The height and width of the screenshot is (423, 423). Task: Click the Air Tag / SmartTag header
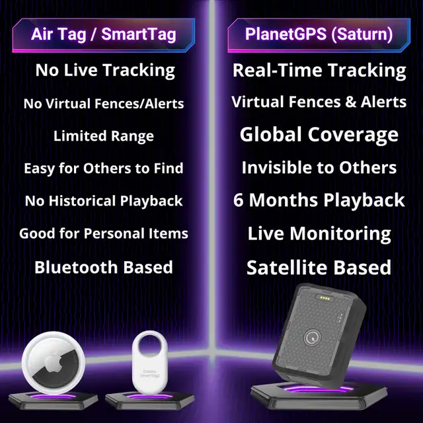pyautogui.click(x=104, y=34)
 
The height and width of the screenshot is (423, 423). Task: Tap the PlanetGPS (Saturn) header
pyautogui.click(x=319, y=34)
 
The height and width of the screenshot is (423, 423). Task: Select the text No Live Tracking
pyautogui.click(x=105, y=70)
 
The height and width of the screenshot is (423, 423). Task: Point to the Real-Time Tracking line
pyautogui.click(x=319, y=70)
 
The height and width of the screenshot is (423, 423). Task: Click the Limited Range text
pyautogui.click(x=104, y=136)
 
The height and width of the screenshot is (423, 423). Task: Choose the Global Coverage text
pyautogui.click(x=319, y=135)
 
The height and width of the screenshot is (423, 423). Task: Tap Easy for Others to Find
pyautogui.click(x=104, y=168)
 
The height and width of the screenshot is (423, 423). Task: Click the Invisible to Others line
pyautogui.click(x=319, y=168)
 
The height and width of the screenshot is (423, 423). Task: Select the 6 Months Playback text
pyautogui.click(x=319, y=200)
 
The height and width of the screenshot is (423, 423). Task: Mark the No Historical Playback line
pyautogui.click(x=104, y=200)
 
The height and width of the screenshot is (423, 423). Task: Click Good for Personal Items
pyautogui.click(x=104, y=233)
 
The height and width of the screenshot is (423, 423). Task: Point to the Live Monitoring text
pyautogui.click(x=319, y=233)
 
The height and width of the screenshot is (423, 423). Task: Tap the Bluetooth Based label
pyautogui.click(x=104, y=267)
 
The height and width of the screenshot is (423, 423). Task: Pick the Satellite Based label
pyautogui.click(x=319, y=267)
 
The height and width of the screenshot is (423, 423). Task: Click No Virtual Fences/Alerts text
pyautogui.click(x=104, y=104)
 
